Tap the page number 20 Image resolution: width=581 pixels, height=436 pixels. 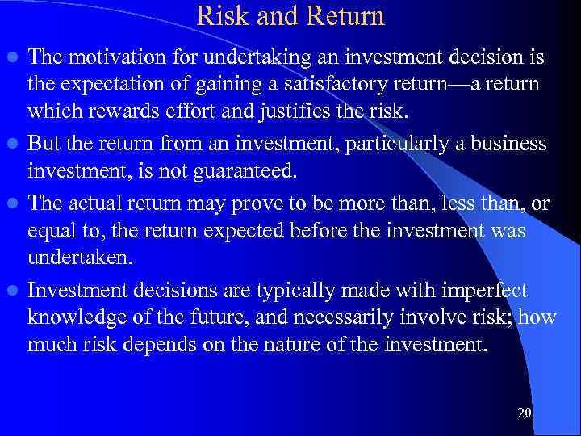pyautogui.click(x=524, y=413)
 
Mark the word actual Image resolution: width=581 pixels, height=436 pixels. pyautogui.click(x=92, y=204)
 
